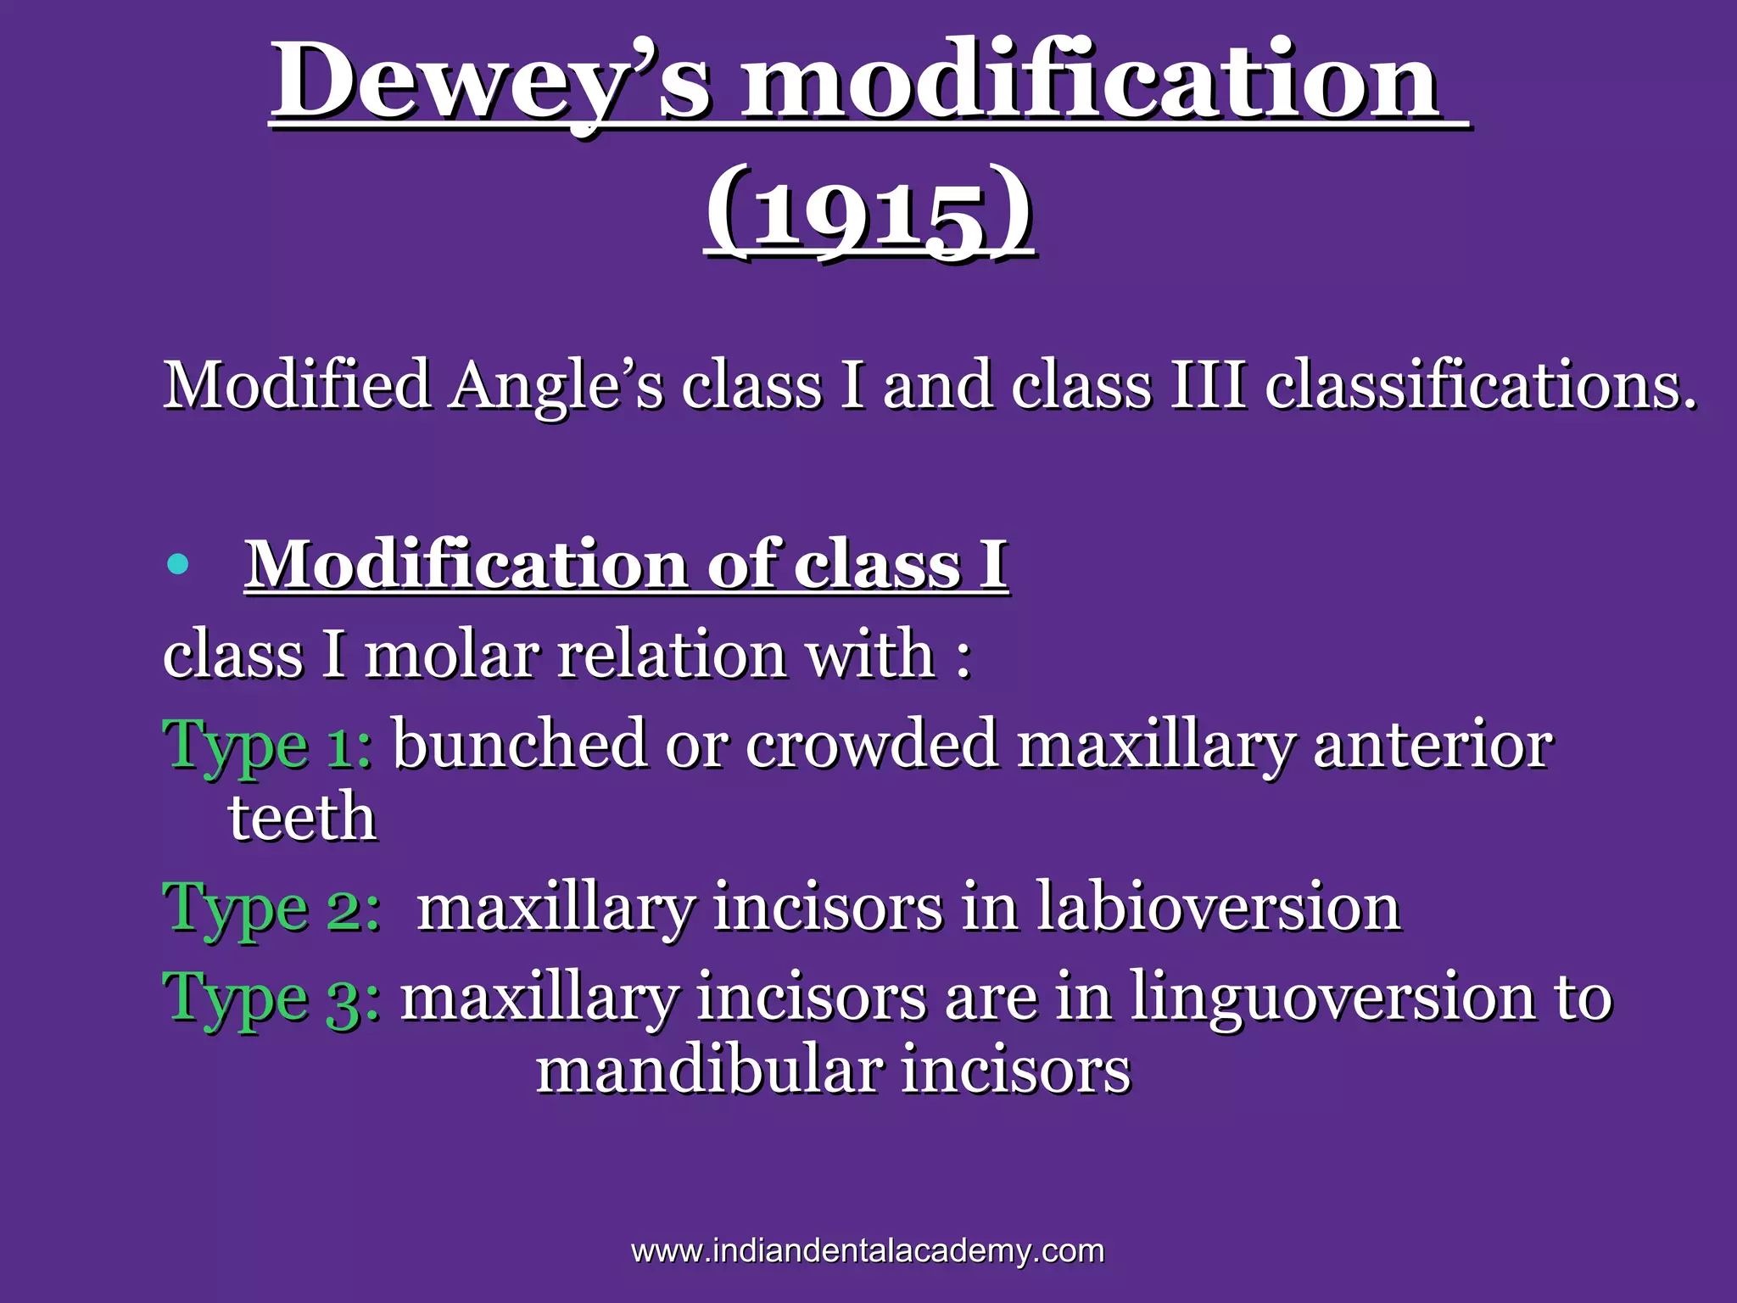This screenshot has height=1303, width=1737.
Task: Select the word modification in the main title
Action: pos(1091,83)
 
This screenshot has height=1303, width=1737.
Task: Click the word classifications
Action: pos(1480,386)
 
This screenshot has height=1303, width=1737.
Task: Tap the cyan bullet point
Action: pos(177,564)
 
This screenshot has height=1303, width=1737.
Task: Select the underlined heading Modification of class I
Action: pos(626,564)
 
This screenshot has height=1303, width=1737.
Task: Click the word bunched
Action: pos(519,743)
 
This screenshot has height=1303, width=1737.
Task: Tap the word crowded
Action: pos(871,743)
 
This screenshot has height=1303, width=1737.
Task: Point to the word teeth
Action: pos(302,818)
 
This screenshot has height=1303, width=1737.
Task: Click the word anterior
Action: pos(1433,743)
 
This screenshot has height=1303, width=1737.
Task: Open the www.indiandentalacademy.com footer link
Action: pos(868,1250)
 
